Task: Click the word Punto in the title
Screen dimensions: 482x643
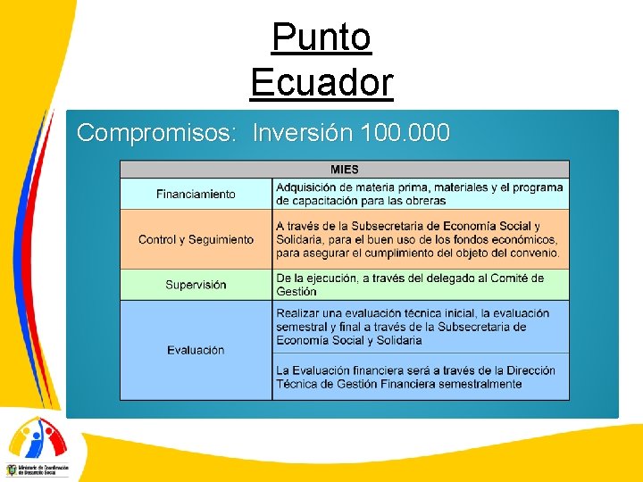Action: [x=321, y=37]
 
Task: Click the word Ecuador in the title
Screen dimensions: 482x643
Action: [x=321, y=83]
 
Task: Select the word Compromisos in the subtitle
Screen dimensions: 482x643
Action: [x=154, y=133]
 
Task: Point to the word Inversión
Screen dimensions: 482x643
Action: [x=303, y=133]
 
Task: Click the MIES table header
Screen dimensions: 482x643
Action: [x=345, y=170]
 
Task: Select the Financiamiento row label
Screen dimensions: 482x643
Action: [x=196, y=194]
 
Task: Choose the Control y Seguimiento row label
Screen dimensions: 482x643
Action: [x=196, y=239]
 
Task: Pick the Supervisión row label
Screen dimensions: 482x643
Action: [x=196, y=285]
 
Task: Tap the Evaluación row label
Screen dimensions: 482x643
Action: [x=196, y=350]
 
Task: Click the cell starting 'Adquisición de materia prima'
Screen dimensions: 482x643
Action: [x=420, y=194]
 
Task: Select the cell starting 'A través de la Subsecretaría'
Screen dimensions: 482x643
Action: [x=420, y=239]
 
